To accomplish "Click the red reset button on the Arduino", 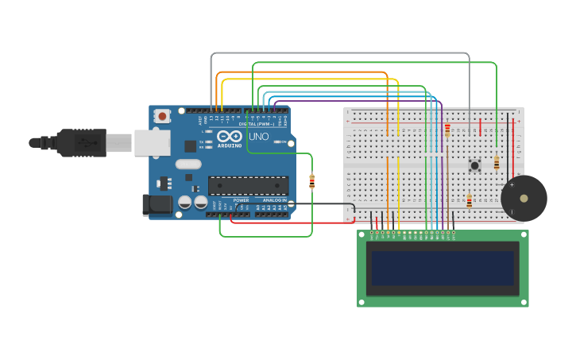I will pyautogui.click(x=163, y=116).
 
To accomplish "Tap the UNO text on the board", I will pyautogui.click(x=259, y=136).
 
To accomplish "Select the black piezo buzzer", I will pyautogui.click(x=524, y=198).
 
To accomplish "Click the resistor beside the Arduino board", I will pyautogui.click(x=311, y=181).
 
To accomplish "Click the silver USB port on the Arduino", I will pyautogui.click(x=152, y=142).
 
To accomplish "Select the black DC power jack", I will pyautogui.click(x=158, y=204).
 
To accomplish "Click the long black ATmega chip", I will pyautogui.click(x=248, y=185).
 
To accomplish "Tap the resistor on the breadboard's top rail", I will pyautogui.click(x=447, y=130).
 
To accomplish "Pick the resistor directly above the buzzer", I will pyautogui.click(x=497, y=163).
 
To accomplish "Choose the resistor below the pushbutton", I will pyautogui.click(x=469, y=201).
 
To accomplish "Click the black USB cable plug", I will pyautogui.click(x=79, y=142).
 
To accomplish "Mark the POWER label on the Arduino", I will pyautogui.click(x=241, y=200).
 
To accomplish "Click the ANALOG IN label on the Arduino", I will pyautogui.click(x=274, y=200).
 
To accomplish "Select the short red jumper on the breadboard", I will pyautogui.click(x=480, y=127).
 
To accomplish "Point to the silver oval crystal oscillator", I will pyautogui.click(x=188, y=165).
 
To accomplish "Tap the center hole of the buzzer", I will pyautogui.click(x=524, y=198).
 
